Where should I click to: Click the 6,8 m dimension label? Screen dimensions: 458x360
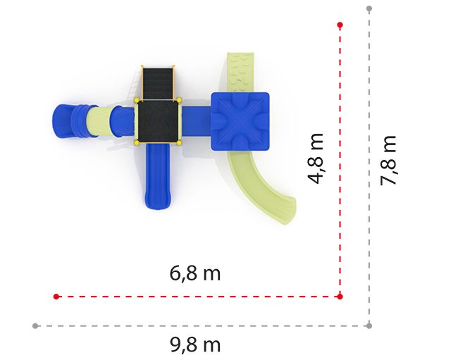(194, 273)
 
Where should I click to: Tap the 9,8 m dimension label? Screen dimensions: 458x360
(195, 345)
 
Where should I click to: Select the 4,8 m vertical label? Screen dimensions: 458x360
(316, 159)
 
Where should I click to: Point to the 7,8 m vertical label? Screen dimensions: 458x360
(388, 161)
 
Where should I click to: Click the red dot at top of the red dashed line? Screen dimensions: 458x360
(340, 25)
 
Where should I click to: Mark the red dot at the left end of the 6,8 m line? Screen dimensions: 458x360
(56, 297)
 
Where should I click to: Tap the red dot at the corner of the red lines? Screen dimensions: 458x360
(340, 297)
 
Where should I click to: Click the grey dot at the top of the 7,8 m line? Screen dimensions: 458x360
(369, 8)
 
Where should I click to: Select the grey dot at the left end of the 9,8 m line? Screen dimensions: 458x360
(35, 326)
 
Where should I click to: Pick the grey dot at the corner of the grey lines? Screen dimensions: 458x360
(369, 326)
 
